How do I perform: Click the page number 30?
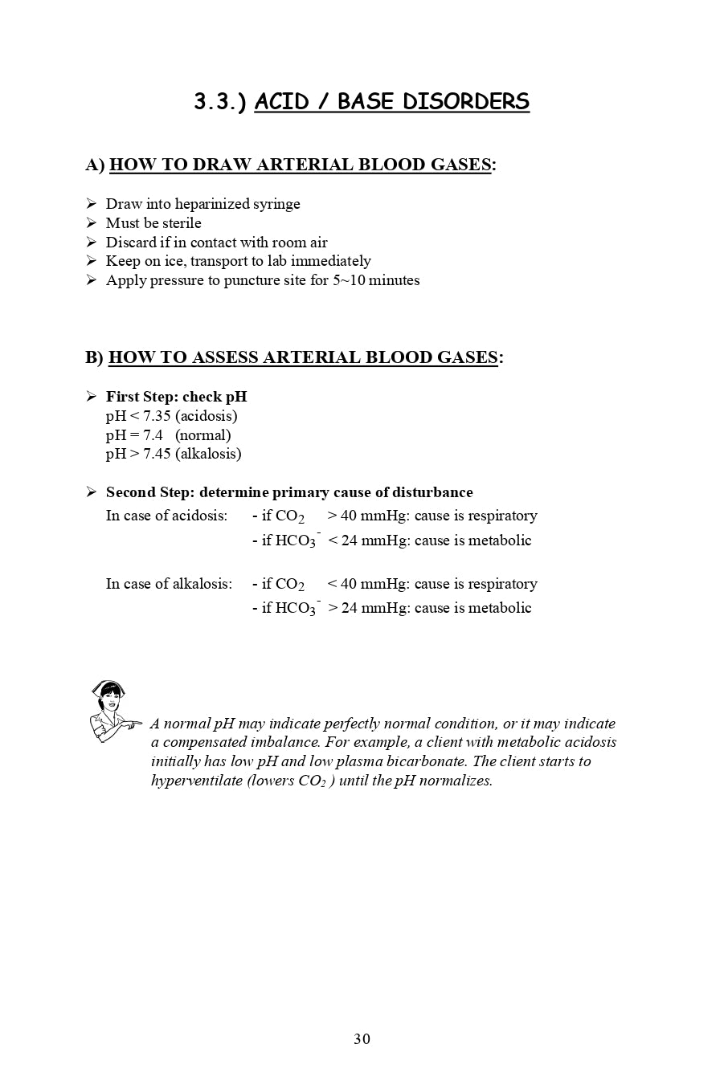tap(362, 1039)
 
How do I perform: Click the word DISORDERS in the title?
tap(466, 102)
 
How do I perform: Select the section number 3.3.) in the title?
tap(219, 102)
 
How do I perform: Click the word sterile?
tap(182, 223)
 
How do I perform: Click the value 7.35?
tap(157, 416)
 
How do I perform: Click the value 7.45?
tap(157, 454)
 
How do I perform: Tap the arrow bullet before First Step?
tap(91, 397)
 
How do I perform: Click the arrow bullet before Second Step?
tap(91, 492)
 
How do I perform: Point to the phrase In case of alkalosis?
tap(169, 584)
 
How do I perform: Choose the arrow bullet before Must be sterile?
tap(91, 223)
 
